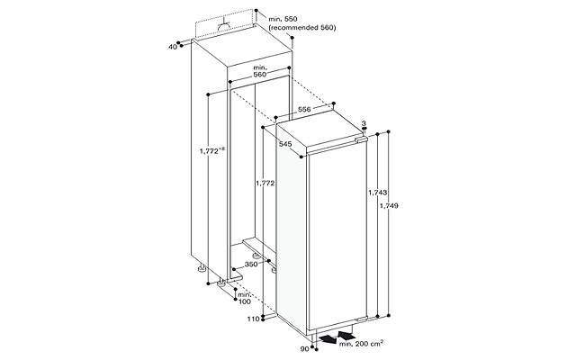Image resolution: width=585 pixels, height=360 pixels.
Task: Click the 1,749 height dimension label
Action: (389, 205)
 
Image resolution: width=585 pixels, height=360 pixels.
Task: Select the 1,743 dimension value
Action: (377, 193)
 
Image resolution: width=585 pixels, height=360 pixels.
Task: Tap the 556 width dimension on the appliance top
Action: (304, 109)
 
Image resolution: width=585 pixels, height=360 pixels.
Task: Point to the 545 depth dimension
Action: (285, 144)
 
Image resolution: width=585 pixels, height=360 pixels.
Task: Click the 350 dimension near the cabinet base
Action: (251, 264)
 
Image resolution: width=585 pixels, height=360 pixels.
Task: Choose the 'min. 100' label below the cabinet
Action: (245, 298)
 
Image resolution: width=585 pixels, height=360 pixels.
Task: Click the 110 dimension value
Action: (253, 319)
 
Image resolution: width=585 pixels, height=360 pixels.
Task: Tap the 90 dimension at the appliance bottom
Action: (304, 349)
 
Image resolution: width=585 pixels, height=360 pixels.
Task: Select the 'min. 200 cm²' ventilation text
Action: (361, 343)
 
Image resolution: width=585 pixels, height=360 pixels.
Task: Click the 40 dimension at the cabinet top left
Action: (172, 47)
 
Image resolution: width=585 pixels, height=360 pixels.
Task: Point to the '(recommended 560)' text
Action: (302, 28)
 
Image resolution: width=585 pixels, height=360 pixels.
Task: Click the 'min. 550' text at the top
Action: (283, 18)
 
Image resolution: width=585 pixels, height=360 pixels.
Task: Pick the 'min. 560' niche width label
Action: (260, 71)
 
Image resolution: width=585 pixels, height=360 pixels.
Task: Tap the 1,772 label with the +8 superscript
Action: (211, 150)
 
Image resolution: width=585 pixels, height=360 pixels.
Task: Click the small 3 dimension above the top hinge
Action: (364, 123)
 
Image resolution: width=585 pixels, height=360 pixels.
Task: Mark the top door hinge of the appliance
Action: (361, 139)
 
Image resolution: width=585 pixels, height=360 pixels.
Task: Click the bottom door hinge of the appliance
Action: (362, 319)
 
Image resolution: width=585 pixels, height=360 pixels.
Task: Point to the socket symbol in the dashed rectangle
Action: (224, 24)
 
